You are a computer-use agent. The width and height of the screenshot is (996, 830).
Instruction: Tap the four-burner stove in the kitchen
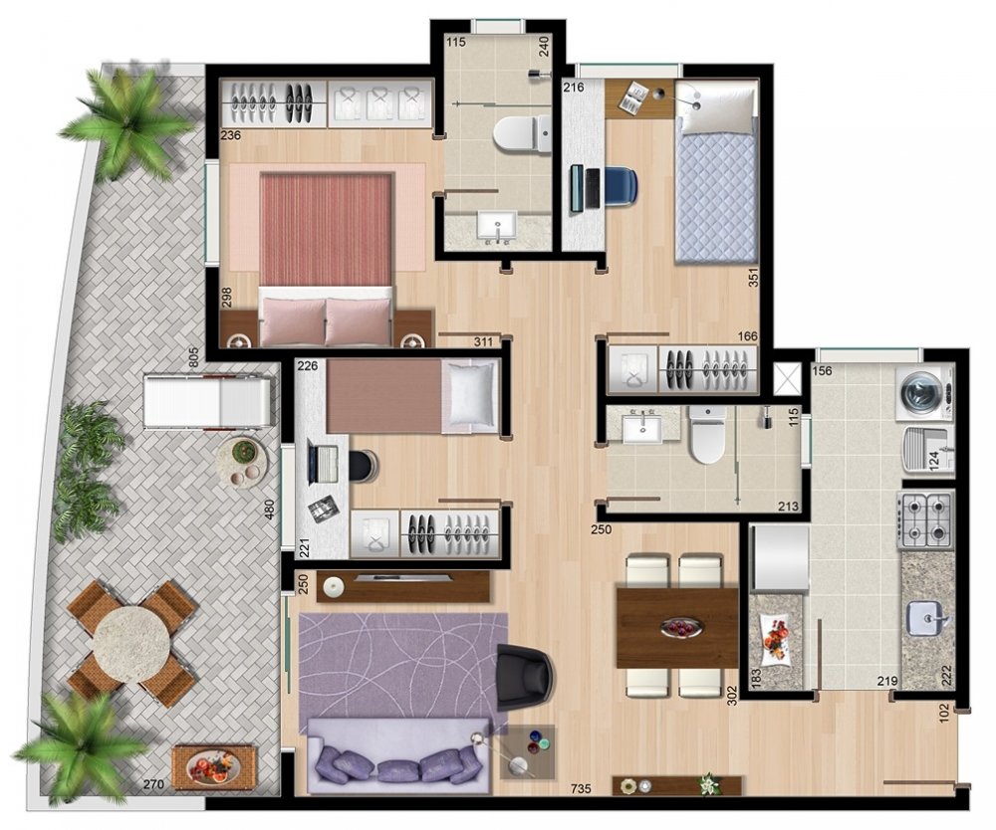pos(926,520)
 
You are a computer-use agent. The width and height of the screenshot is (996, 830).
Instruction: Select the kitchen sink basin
pos(927,618)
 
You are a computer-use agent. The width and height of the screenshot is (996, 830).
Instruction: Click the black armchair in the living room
pos(524,677)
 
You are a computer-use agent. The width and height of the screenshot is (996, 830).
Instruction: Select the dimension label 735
pos(581,789)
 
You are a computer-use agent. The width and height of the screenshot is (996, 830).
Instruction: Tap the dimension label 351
pos(753,277)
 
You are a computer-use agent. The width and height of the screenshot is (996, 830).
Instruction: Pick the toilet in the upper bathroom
pos(522,134)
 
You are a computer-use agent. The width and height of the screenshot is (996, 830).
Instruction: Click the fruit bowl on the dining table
pos(680,628)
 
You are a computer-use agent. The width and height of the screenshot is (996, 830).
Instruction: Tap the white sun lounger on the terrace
pos(208,402)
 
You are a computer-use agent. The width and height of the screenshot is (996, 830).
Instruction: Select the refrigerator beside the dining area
pos(780,558)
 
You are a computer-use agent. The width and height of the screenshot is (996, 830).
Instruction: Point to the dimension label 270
pos(153,784)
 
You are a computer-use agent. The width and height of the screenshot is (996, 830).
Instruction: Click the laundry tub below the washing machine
pos(928,451)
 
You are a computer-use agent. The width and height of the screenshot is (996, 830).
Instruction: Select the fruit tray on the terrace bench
pos(214,768)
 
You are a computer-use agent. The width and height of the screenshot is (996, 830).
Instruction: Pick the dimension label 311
pos(483,342)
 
